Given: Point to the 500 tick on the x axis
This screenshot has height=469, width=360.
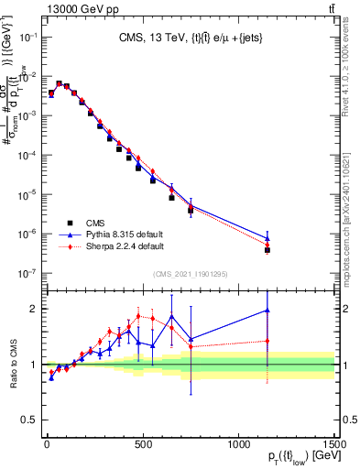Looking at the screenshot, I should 142,437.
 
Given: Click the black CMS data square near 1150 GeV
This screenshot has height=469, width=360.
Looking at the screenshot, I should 267,249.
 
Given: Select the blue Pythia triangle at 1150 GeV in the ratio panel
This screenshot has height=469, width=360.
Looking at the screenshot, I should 267,311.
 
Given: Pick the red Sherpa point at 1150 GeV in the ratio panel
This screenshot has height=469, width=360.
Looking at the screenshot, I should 267,341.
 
